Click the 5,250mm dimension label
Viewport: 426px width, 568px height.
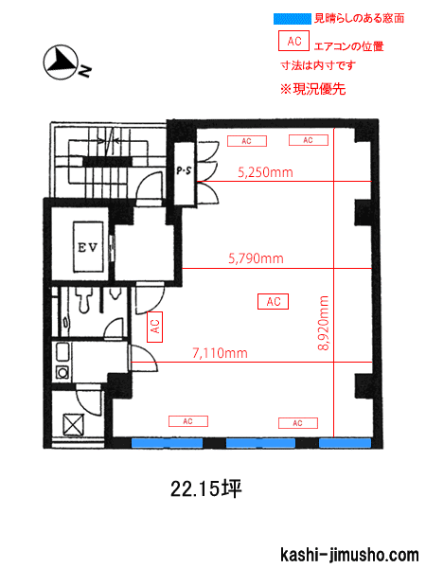[265, 172]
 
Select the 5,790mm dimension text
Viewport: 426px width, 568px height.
[256, 258]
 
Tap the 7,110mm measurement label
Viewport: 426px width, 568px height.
[220, 353]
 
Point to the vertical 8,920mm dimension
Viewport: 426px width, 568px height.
[323, 323]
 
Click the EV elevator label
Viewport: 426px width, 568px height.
[88, 247]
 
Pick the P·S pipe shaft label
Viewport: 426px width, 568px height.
[184, 170]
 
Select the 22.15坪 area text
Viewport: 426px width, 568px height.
[205, 489]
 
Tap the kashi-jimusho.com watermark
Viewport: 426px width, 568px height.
[349, 555]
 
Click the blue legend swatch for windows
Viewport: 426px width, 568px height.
[292, 19]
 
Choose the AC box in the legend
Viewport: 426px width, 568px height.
[293, 41]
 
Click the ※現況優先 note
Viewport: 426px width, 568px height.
[313, 89]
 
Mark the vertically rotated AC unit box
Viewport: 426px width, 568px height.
[154, 327]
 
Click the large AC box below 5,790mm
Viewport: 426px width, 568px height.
[273, 301]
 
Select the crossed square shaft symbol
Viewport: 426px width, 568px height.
[74, 424]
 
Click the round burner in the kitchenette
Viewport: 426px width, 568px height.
[62, 372]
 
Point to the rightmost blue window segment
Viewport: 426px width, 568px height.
[345, 443]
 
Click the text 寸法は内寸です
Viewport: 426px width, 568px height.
[318, 65]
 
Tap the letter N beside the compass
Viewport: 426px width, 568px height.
[85, 71]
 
